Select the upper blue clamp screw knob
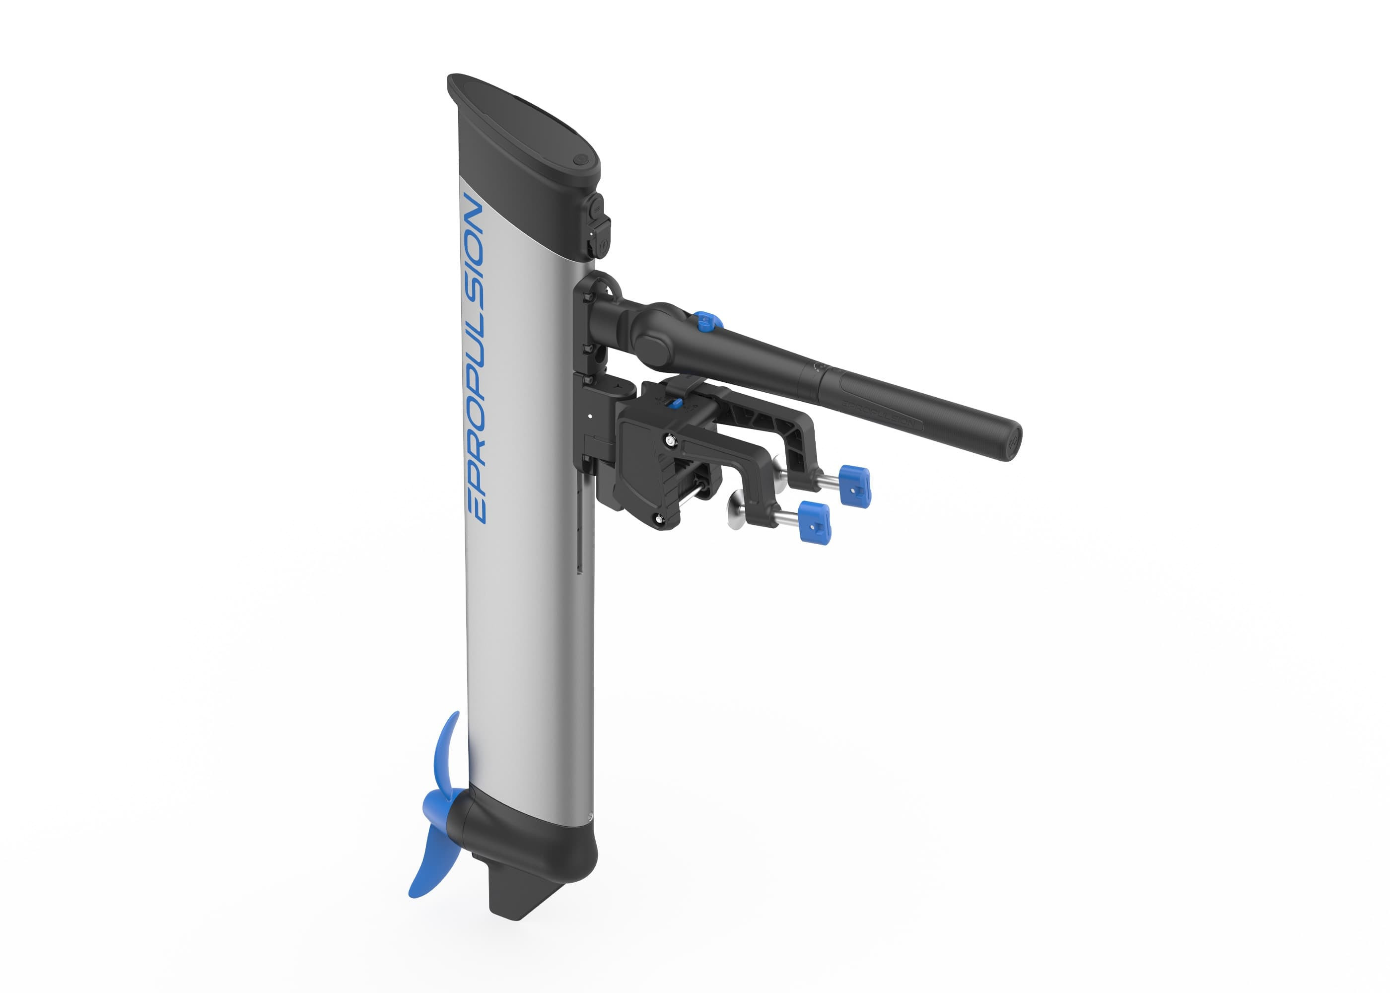click(x=854, y=485)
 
